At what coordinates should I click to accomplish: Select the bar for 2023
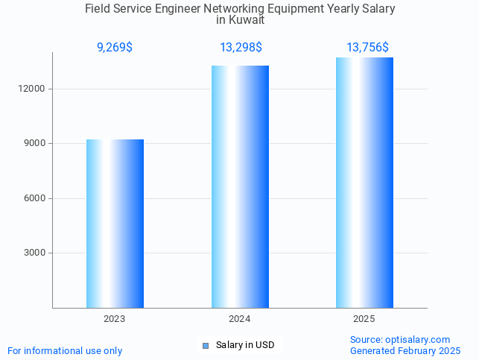click(x=115, y=224)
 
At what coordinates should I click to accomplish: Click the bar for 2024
click(x=240, y=186)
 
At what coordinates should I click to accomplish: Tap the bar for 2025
click(x=364, y=183)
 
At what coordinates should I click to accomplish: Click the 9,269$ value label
click(x=115, y=48)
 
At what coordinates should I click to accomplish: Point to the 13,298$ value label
click(x=240, y=48)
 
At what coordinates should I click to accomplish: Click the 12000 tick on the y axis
click(x=34, y=89)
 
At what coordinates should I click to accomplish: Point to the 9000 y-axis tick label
click(x=36, y=143)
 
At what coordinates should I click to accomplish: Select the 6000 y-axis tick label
click(x=36, y=198)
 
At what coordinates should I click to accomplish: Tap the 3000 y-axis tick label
click(x=36, y=253)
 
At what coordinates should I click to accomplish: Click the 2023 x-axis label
click(x=115, y=319)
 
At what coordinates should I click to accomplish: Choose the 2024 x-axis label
click(x=239, y=319)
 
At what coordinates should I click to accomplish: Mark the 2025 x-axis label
click(x=364, y=319)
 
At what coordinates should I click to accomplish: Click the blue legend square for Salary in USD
click(x=206, y=345)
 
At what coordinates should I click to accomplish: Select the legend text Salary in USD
click(x=245, y=345)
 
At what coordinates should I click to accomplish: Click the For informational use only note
click(x=65, y=350)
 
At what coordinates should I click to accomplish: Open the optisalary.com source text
click(x=400, y=339)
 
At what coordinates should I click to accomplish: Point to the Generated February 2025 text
click(x=405, y=350)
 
